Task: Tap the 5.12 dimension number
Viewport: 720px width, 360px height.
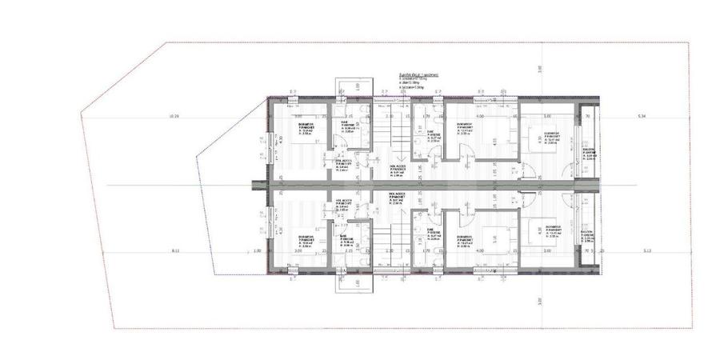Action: point(647,251)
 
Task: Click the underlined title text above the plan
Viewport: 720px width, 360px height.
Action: point(413,73)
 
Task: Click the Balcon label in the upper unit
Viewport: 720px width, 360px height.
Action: point(588,153)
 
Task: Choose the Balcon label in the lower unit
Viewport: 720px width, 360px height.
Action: point(588,233)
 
